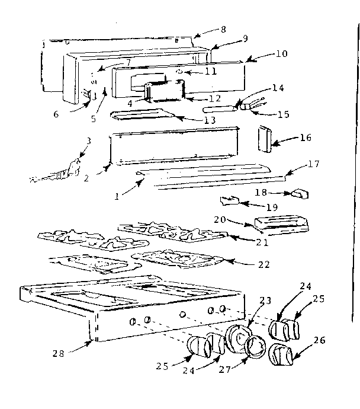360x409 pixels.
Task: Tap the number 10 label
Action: (281, 53)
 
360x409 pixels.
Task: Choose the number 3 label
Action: (88, 141)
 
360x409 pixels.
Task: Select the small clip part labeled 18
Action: (298, 194)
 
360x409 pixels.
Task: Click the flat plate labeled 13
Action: (142, 115)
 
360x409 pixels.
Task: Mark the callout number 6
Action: (56, 114)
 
